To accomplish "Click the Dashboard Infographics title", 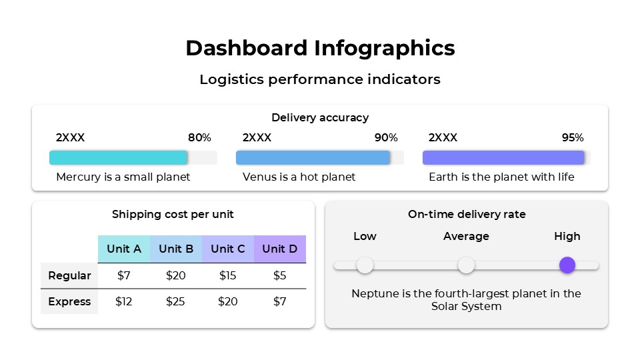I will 320,48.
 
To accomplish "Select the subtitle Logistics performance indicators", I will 320,79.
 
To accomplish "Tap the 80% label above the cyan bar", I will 199,138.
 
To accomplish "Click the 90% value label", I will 386,138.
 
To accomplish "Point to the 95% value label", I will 573,138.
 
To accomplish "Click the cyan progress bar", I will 119,157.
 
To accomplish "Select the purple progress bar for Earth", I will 503,157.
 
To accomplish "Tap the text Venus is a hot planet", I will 299,177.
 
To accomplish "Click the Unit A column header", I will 124,249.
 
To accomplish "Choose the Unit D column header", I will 280,249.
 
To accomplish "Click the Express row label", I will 69,301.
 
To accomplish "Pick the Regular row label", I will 69,275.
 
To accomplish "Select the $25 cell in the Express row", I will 175,301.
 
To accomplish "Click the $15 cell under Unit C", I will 228,275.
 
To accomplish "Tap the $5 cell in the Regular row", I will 280,275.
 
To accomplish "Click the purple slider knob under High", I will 567,265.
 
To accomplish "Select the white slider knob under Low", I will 365,265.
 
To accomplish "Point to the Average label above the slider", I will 466,237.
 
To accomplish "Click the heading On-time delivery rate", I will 467,214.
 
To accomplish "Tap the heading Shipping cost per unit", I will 173,214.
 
